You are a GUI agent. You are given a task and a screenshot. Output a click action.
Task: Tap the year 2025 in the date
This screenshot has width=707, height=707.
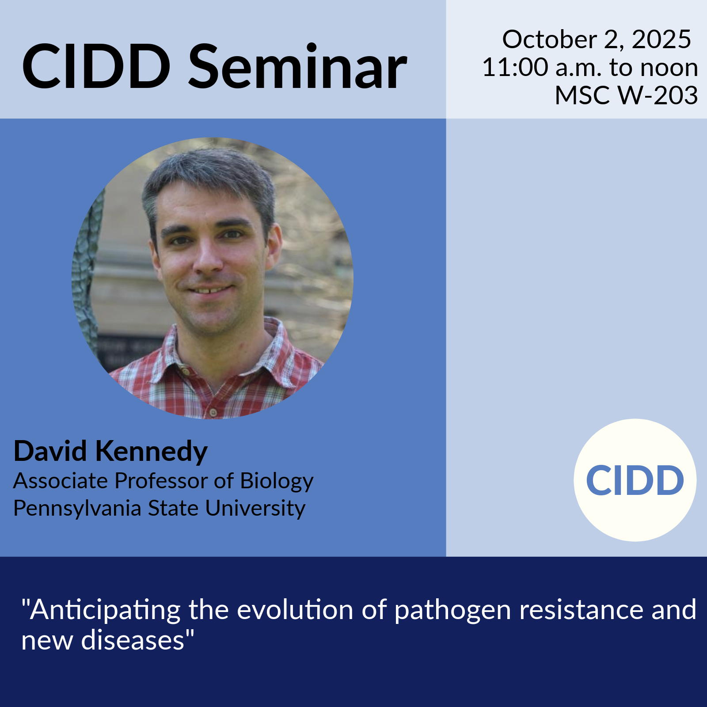point(661,39)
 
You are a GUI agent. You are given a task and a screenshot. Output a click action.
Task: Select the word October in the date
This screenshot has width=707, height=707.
point(549,39)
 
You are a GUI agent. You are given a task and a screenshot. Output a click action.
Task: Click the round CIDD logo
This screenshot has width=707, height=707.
point(635,480)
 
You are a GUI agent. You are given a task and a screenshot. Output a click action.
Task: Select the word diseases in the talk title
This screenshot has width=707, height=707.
point(133,640)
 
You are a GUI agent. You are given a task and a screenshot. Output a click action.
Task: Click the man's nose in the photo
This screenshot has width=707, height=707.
point(208,257)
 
